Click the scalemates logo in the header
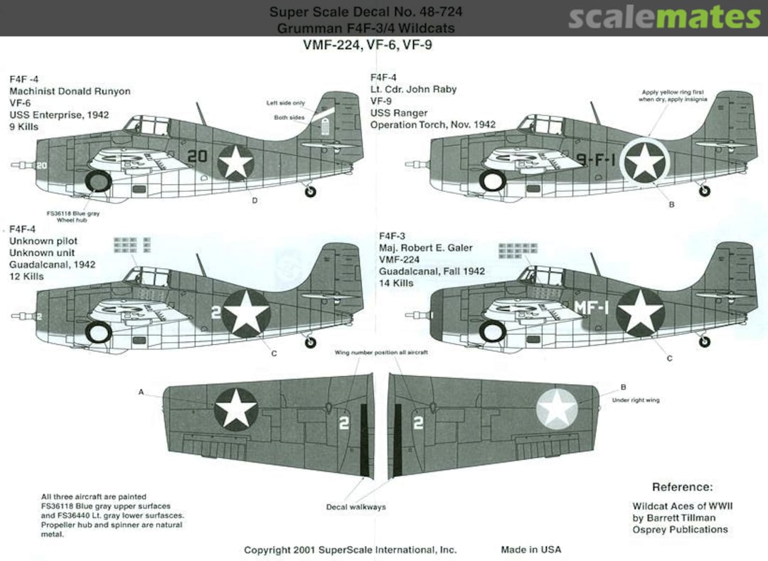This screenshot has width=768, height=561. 664,17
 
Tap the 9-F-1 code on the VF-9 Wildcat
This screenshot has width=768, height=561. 594,161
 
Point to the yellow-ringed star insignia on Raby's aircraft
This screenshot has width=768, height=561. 644,162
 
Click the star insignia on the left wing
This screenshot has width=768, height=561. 236,408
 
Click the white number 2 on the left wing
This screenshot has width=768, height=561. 344,423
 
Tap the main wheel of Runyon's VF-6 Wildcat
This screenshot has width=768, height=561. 98,182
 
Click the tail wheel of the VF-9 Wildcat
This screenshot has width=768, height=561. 704,191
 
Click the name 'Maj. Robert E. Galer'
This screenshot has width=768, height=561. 425,248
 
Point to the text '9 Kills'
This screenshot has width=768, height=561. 24,127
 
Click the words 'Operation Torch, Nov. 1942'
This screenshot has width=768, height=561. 432,125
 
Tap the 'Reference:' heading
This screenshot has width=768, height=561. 682,487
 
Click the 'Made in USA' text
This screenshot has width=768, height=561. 530,550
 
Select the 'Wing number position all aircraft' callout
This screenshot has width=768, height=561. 381,353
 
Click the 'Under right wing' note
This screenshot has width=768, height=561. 635,400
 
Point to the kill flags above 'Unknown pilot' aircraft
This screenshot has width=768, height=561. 132,244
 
